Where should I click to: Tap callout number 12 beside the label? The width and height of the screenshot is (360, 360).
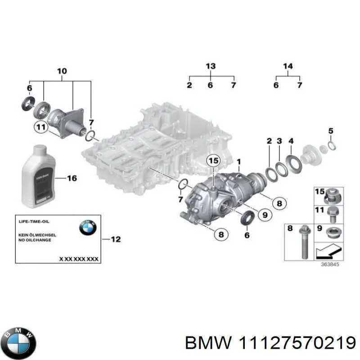pos(116,239)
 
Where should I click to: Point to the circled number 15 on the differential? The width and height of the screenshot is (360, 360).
pos(214,161)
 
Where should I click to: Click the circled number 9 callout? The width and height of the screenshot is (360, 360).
pos(265,215)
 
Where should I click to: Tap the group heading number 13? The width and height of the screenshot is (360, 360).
pos(211,67)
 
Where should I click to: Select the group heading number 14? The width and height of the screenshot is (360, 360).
pos(288,67)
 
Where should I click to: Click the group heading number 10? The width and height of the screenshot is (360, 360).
pos(62,71)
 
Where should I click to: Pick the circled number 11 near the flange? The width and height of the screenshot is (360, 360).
pos(41,128)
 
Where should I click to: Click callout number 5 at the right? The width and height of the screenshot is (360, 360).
pos(330,131)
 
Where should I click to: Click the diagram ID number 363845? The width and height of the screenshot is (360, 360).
pos(330,264)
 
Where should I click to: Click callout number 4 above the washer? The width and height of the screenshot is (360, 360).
pos(291,141)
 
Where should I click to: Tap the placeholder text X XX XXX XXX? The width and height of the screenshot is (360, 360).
pos(79,259)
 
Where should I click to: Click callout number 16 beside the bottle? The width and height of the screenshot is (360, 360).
pos(72,178)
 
